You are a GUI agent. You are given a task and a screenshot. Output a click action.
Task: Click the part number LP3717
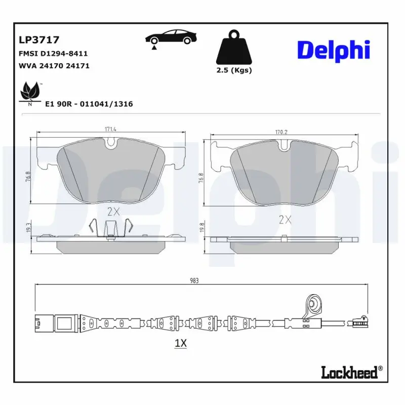[39, 39]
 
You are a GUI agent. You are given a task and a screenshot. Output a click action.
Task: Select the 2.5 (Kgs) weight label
[234, 70]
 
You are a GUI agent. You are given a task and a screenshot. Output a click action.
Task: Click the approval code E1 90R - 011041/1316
[89, 104]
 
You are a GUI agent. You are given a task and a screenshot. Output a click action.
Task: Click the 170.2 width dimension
[281, 133]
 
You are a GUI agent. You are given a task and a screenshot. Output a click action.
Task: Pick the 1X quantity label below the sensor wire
[181, 343]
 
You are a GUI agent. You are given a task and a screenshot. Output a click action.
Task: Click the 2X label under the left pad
[113, 211]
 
